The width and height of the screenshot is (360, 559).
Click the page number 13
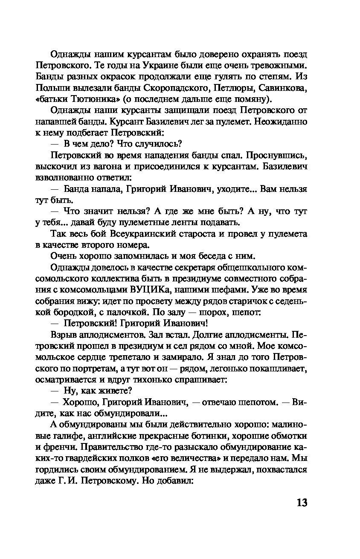coord(301,502)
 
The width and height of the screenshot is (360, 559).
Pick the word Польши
coord(51,89)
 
